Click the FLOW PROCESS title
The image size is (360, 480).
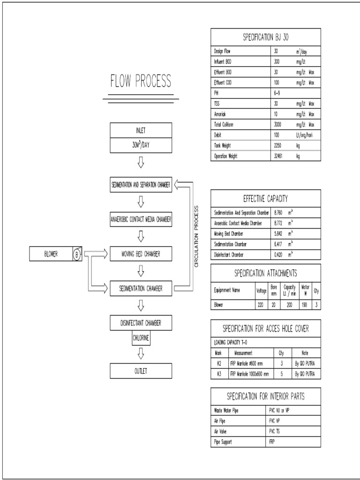tap(141, 82)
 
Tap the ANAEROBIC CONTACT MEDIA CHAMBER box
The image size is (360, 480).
tap(141, 219)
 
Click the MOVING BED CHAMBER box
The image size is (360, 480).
tap(141, 254)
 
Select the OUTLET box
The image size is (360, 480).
tap(141, 371)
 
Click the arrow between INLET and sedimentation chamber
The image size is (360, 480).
tap(141, 163)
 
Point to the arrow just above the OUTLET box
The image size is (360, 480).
tap(141, 353)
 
